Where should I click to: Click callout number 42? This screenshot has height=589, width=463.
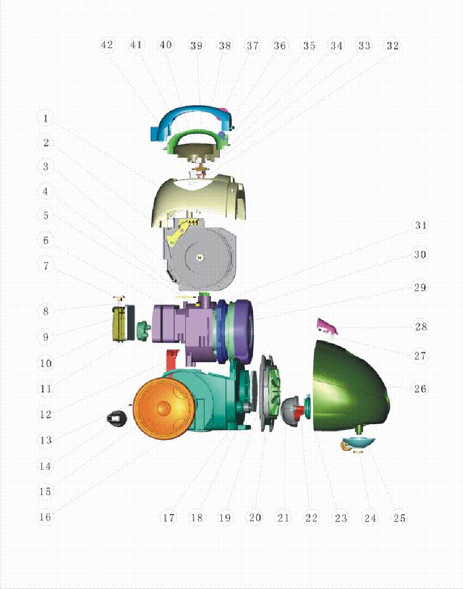pos(107,46)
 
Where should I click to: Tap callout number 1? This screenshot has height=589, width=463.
pos(46,119)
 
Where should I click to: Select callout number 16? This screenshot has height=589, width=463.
pos(46,517)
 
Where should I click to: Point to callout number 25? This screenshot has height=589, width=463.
pos(400,518)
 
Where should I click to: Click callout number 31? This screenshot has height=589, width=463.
pos(421,226)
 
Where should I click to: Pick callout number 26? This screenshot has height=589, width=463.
pos(421,388)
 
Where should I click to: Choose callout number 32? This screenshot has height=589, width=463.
pos(392,46)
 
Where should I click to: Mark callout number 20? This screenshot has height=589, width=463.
pos(255,518)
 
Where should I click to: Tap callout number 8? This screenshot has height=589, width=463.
pos(46,311)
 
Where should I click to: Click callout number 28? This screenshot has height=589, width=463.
pos(421,327)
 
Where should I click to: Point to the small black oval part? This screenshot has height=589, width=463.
pos(116,418)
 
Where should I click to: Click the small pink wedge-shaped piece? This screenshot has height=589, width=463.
pos(326,326)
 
